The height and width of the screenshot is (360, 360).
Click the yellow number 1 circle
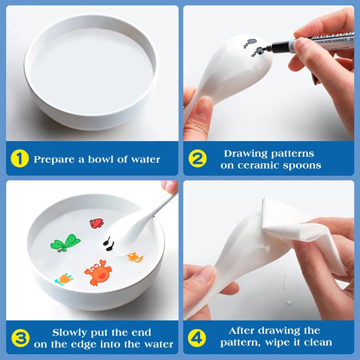[x=19, y=159]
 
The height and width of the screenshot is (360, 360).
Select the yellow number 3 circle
[x=20, y=338]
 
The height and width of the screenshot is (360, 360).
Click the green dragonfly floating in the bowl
[x=65, y=243]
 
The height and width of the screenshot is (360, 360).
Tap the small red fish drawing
[x=97, y=223]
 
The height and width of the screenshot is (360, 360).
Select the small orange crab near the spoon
[x=135, y=257]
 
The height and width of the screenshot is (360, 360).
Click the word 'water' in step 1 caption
[x=145, y=159]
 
